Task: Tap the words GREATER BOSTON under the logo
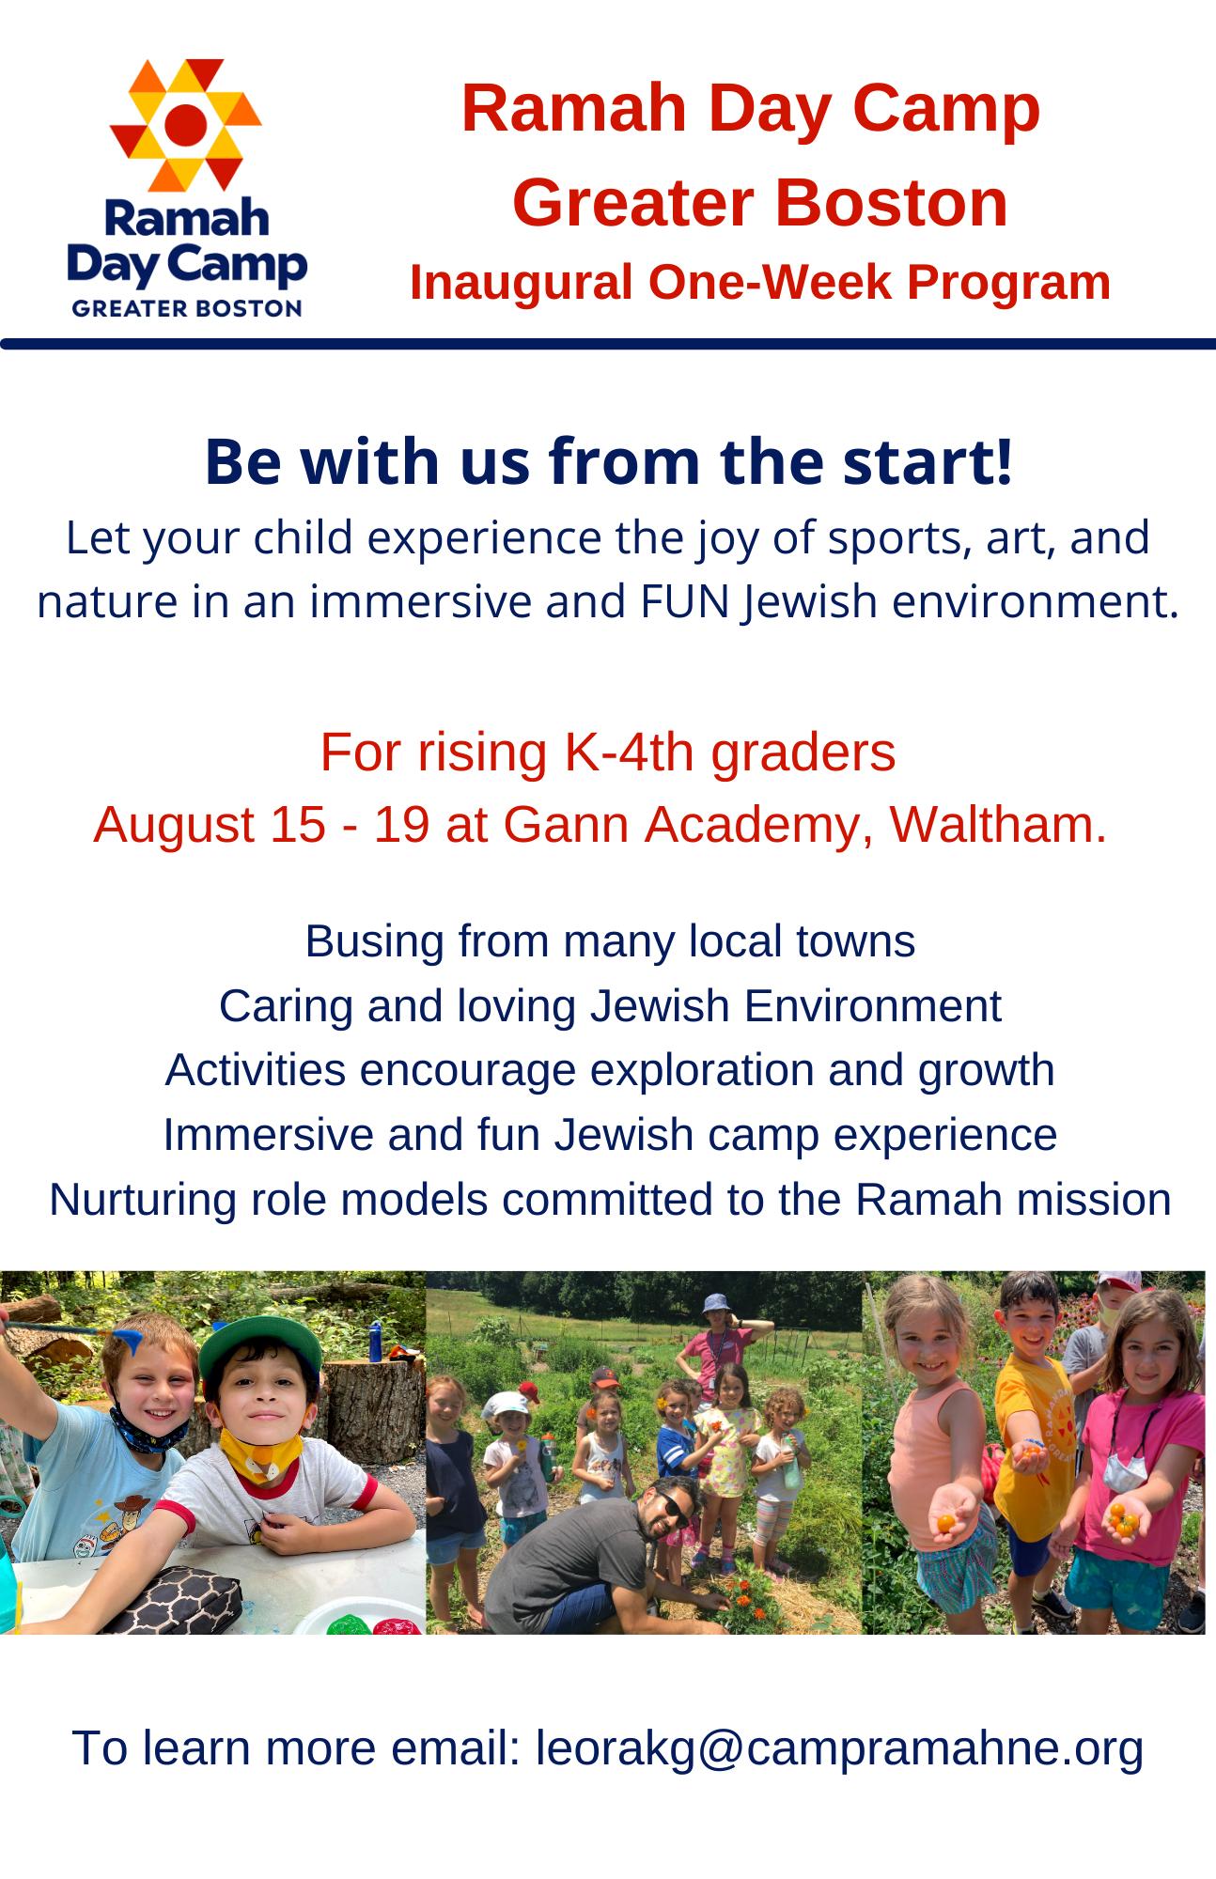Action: (187, 309)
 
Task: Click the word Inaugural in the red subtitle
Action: (521, 282)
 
